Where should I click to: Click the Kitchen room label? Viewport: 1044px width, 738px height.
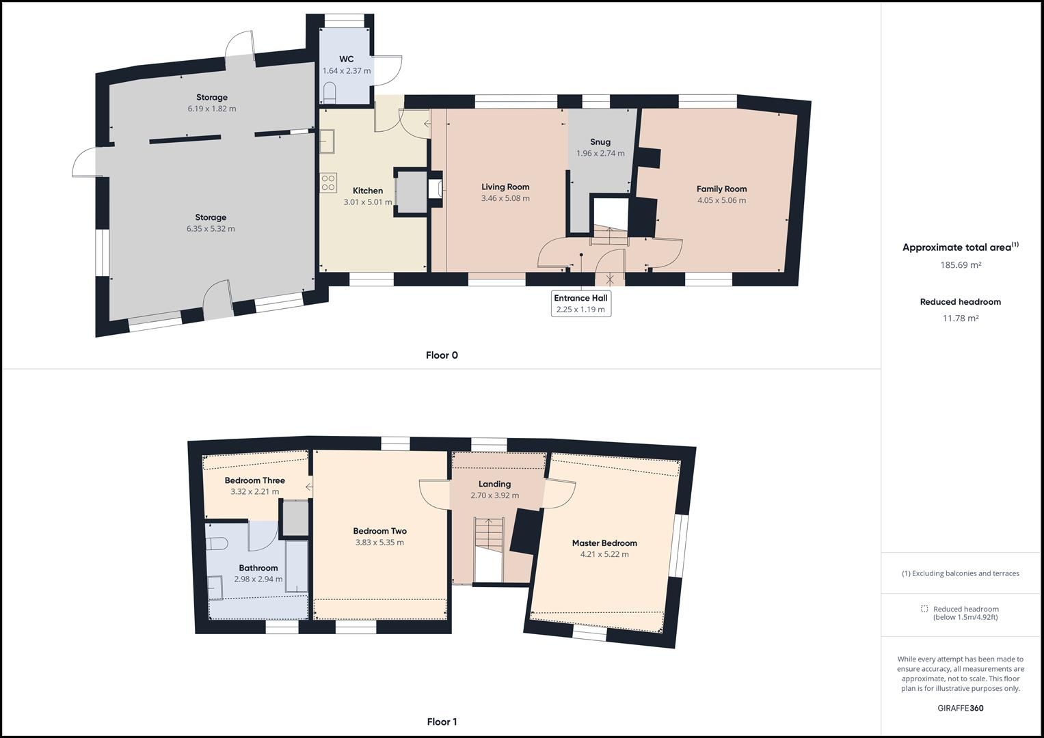(368, 191)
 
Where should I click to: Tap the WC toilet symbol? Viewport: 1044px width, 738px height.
(330, 92)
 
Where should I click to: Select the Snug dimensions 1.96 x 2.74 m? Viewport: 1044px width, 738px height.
(600, 154)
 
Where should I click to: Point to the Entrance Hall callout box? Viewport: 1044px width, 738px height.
(580, 303)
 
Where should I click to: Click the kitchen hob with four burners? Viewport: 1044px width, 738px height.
(328, 182)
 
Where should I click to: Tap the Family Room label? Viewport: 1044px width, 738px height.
(721, 189)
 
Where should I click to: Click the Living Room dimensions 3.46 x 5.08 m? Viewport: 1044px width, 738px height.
(505, 199)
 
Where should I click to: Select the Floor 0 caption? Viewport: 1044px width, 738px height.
(442, 355)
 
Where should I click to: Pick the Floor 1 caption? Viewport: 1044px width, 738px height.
(442, 722)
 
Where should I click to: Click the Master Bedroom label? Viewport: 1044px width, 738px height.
(604, 543)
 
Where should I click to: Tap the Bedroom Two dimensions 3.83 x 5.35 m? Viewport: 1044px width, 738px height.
(379, 543)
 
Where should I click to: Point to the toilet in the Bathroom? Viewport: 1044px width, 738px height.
(217, 544)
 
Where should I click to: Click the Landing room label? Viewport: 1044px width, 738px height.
(494, 484)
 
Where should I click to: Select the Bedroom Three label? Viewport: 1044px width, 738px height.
(254, 480)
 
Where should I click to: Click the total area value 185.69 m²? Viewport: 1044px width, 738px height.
(961, 265)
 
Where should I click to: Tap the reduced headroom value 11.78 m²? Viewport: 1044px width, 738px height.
(961, 318)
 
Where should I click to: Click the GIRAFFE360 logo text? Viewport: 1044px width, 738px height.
(960, 708)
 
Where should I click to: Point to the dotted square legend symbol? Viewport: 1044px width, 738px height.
(924, 609)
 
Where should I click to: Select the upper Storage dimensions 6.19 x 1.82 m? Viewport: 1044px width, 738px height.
(211, 109)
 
